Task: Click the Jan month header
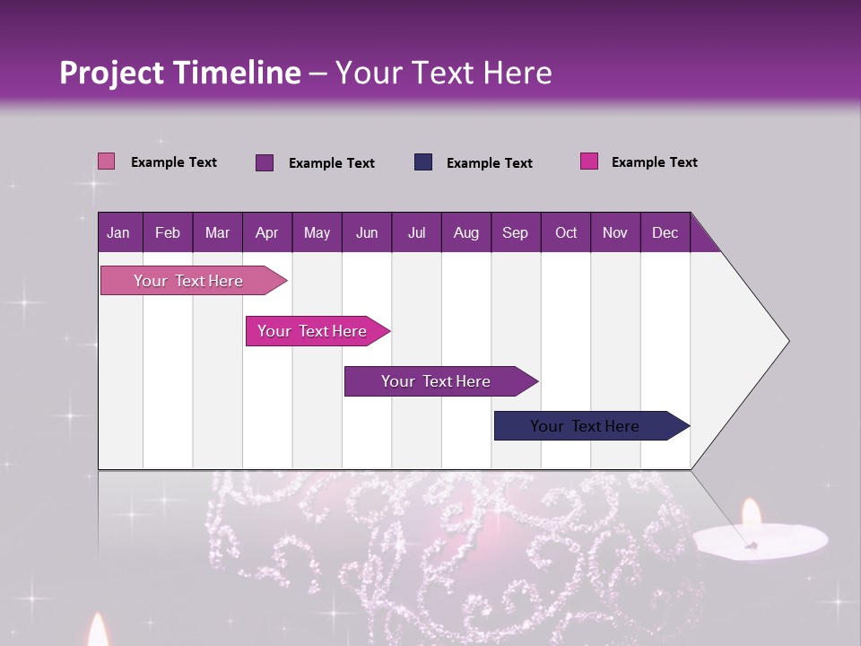pos(118,232)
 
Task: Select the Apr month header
pos(267,232)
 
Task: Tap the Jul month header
pos(416,232)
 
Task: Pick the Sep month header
pos(515,232)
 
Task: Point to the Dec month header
pos(665,232)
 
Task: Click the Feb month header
pos(168,232)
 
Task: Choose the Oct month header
pos(566,232)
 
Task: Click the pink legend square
pos(107,161)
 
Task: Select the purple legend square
pos(265,162)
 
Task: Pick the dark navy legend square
pos(423,162)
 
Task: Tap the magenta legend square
pos(589,161)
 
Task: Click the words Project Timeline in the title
pos(180,73)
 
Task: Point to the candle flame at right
pos(751,515)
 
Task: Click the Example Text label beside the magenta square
pos(654,162)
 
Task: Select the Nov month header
pos(615,232)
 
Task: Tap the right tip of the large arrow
pos(787,341)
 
